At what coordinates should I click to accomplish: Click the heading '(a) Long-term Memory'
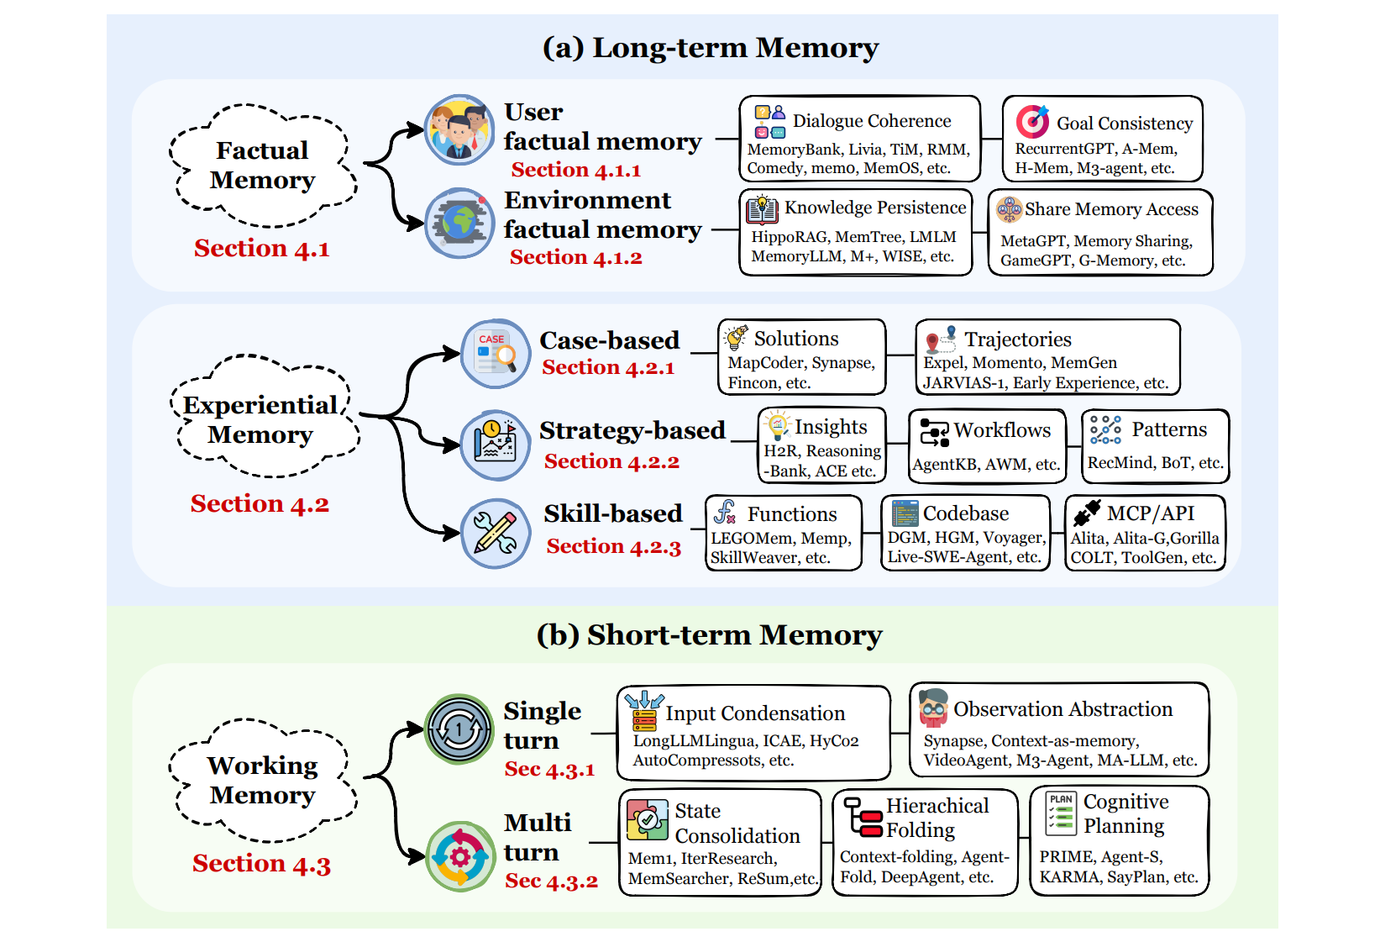click(x=710, y=48)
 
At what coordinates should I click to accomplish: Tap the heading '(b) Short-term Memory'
click(x=709, y=635)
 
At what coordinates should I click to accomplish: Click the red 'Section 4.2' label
click(x=260, y=504)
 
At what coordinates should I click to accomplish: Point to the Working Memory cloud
click(x=262, y=781)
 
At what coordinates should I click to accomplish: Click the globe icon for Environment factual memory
click(x=459, y=224)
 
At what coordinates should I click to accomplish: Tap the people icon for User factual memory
click(x=459, y=129)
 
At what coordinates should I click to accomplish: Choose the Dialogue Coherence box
click(x=859, y=139)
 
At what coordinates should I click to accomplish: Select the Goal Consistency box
click(x=1102, y=139)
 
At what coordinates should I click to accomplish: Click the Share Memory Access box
click(x=1101, y=233)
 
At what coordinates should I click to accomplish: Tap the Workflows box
click(x=987, y=446)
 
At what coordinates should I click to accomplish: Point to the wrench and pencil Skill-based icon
click(x=496, y=534)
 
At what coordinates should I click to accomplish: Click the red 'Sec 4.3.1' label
click(x=549, y=770)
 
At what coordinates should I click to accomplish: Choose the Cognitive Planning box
click(x=1119, y=840)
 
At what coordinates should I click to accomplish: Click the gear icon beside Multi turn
click(x=459, y=856)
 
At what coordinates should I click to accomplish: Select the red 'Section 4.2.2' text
click(x=611, y=462)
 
